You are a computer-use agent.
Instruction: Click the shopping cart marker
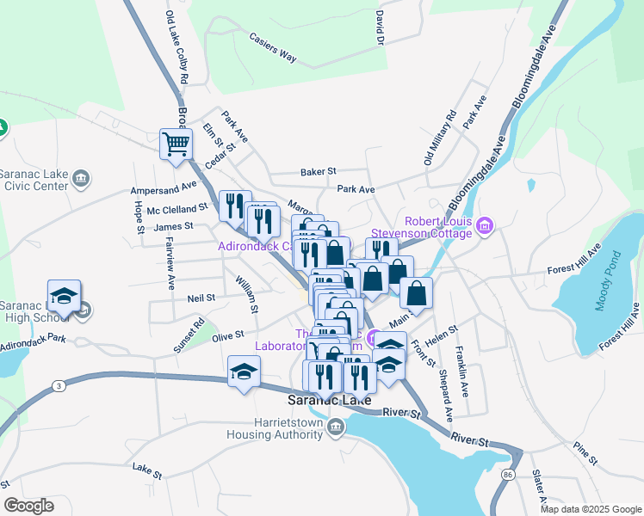click(176, 144)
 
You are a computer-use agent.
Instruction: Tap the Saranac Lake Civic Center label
click(34, 178)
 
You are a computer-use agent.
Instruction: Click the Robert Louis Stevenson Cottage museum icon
click(486, 226)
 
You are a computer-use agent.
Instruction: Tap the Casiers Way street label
click(272, 47)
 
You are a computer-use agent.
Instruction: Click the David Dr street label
click(378, 28)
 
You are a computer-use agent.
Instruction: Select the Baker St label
click(318, 172)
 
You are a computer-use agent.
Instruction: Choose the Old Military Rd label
click(439, 138)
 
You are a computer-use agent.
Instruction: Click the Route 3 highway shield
click(59, 385)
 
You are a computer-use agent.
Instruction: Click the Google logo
click(28, 506)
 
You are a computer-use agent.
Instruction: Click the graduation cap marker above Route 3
click(244, 373)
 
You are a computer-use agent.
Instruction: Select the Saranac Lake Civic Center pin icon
click(80, 178)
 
